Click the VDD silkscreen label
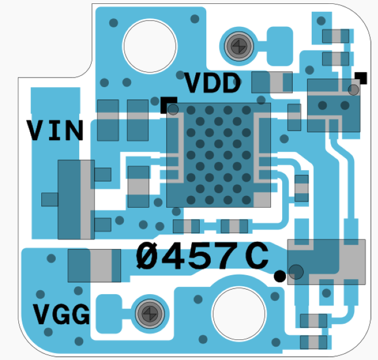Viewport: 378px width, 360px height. click(212, 84)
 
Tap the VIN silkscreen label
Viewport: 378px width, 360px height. click(56, 131)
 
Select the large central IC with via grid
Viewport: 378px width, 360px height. click(219, 155)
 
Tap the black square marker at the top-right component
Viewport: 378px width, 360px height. click(361, 78)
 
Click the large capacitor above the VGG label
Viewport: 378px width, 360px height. click(94, 266)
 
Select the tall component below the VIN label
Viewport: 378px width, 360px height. click(76, 199)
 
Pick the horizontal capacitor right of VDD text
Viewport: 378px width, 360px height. click(272, 83)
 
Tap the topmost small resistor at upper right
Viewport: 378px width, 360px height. click(336, 36)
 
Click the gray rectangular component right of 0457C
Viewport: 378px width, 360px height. click(326, 262)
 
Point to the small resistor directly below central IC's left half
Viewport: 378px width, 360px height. click(186, 226)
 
